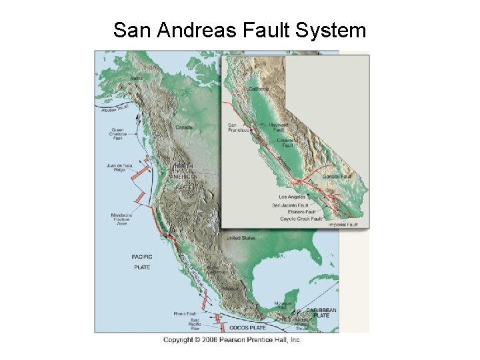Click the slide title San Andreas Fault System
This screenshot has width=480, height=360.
(x=239, y=30)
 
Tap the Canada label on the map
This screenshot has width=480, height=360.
(x=184, y=127)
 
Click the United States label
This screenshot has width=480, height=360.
(x=240, y=238)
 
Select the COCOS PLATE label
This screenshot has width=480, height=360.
(x=245, y=327)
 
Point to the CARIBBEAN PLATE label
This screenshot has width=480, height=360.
(x=321, y=313)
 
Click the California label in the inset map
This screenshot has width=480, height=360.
(x=259, y=89)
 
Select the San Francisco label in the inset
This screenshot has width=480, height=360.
(x=239, y=127)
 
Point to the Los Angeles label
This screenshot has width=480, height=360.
(x=292, y=197)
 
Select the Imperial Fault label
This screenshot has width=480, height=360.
(x=343, y=225)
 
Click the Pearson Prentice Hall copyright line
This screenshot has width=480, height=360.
(x=232, y=340)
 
